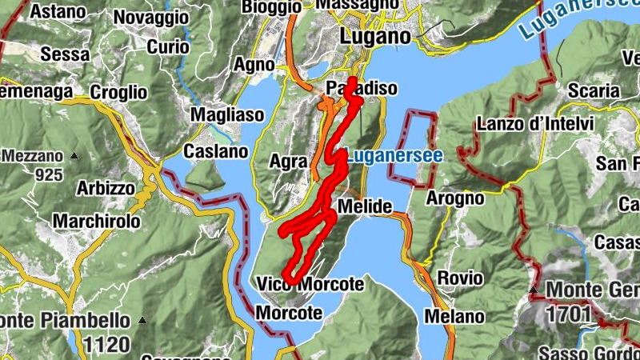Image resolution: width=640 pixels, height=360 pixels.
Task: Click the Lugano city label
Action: click(x=375, y=36)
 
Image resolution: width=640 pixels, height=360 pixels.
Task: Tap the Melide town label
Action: click(x=365, y=207)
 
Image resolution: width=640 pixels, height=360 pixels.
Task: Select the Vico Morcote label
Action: click(x=310, y=284)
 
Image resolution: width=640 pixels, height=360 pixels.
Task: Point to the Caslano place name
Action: click(x=215, y=150)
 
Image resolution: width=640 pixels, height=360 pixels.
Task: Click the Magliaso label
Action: click(x=226, y=115)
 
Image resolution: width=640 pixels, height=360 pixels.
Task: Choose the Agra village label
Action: click(x=288, y=162)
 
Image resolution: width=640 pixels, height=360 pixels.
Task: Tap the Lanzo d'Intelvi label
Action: click(x=534, y=124)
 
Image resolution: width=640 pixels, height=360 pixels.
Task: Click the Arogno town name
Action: click(x=455, y=198)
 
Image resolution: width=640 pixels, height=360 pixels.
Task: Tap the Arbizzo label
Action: click(x=106, y=189)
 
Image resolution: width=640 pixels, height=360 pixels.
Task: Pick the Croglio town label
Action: click(x=118, y=92)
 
